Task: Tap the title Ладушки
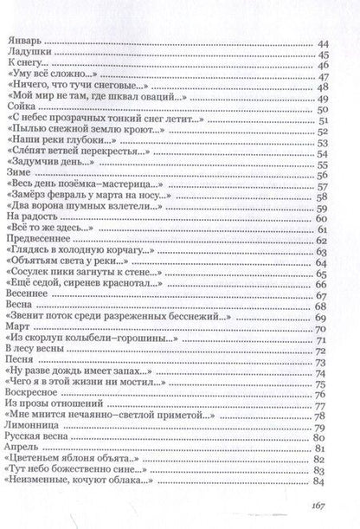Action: [27, 54]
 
